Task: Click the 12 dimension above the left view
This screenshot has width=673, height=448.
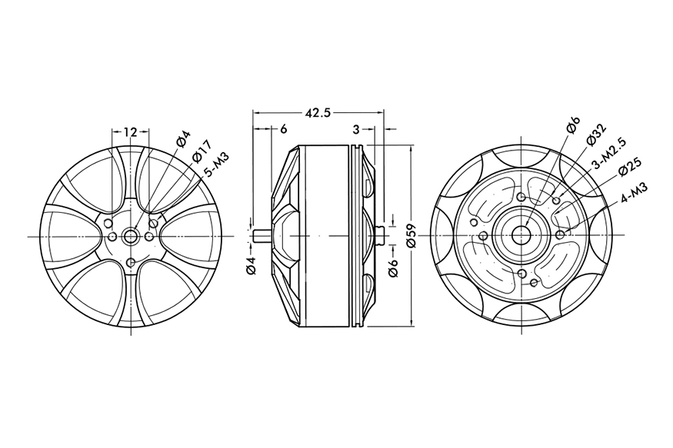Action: click(129, 132)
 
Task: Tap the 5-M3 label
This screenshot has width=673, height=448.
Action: click(219, 164)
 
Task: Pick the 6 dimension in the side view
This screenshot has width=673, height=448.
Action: click(284, 129)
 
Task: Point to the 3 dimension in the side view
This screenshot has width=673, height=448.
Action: click(357, 129)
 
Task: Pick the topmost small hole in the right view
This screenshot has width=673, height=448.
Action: click(522, 197)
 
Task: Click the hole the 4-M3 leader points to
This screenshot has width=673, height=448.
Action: click(561, 233)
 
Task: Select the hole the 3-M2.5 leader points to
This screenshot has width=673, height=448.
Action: click(556, 201)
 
